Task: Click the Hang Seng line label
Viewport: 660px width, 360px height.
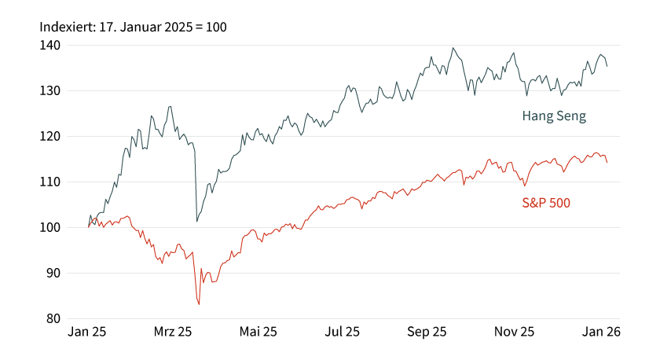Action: (554, 116)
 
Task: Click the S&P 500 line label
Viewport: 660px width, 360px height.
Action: (546, 203)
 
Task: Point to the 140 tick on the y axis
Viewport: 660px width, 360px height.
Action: (50, 46)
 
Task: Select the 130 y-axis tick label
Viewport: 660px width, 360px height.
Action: (50, 91)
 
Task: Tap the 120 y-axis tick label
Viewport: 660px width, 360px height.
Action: (50, 137)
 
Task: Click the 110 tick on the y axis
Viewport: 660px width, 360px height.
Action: (50, 182)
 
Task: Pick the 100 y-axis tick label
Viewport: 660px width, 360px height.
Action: (50, 228)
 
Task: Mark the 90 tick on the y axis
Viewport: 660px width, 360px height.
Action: (53, 274)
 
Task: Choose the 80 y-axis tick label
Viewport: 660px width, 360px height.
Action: (53, 319)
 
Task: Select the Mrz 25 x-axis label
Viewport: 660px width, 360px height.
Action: (173, 332)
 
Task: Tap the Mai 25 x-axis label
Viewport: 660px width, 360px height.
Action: (258, 332)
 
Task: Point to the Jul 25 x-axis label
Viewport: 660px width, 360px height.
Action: (343, 332)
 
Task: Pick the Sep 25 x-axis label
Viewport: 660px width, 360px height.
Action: (428, 332)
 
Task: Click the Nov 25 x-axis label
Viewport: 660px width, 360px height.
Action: (515, 332)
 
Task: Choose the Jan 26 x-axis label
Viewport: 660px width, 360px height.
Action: (600, 332)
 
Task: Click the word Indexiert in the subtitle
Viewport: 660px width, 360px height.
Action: (67, 28)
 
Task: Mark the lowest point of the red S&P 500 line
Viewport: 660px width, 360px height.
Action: (199, 304)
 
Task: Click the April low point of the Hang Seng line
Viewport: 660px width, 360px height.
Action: (196, 222)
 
